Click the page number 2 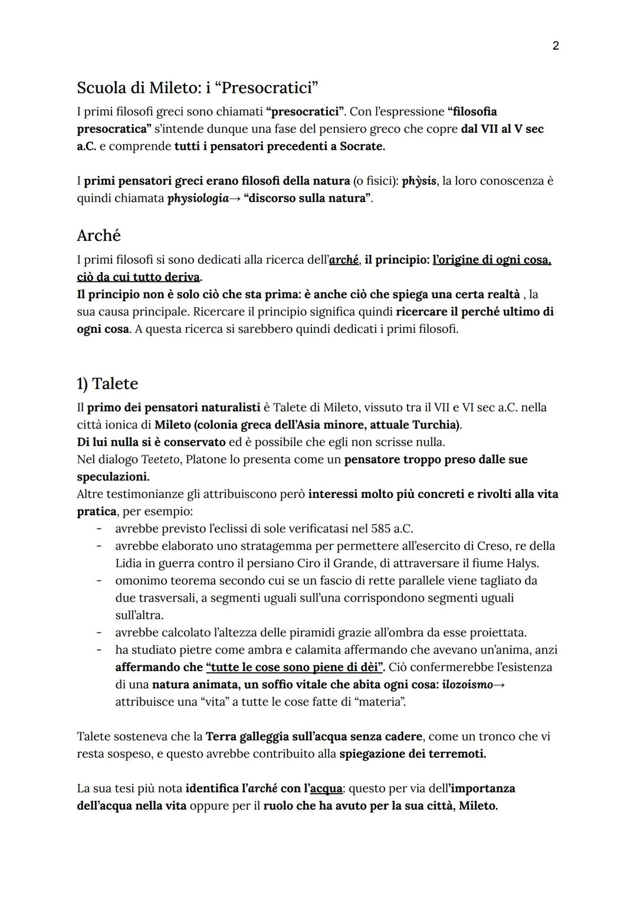pos(555,45)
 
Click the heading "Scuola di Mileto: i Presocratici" pos(198,88)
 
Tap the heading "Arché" pos(98,235)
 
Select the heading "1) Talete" pos(107,384)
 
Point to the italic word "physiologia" pos(198,198)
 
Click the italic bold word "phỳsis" pos(419,181)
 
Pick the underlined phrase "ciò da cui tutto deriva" pos(139,277)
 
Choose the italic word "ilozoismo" pos(467,685)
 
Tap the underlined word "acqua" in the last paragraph pos(326,788)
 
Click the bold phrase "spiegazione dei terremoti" pos(412,754)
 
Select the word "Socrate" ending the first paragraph pos(361,146)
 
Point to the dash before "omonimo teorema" pos(100,581)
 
